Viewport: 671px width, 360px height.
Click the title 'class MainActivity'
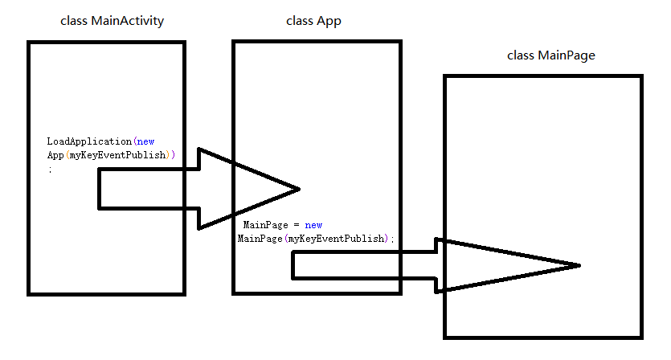(x=113, y=21)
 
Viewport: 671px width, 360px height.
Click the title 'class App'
(x=313, y=21)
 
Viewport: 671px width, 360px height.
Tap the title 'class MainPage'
(x=551, y=55)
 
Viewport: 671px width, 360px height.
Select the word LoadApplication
(x=89, y=141)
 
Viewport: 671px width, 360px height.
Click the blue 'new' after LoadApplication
(x=146, y=141)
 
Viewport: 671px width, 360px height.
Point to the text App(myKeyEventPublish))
(x=111, y=155)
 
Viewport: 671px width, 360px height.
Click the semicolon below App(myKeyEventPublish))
(x=50, y=170)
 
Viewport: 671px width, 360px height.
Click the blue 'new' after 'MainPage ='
(x=313, y=225)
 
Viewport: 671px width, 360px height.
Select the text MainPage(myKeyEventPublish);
(x=316, y=239)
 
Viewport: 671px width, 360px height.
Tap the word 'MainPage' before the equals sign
(x=265, y=225)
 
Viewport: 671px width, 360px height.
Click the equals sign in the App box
(x=297, y=226)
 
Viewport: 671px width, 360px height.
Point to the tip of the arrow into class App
(x=300, y=189)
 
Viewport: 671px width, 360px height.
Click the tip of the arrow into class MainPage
(x=580, y=265)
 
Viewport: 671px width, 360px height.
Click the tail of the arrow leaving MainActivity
(x=100, y=189)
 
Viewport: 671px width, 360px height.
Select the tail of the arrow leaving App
(x=293, y=265)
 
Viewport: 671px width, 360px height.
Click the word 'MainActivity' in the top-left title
(x=128, y=21)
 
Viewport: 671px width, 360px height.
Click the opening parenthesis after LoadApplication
(x=135, y=141)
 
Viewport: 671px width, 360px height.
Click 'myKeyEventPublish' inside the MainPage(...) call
(x=336, y=239)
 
